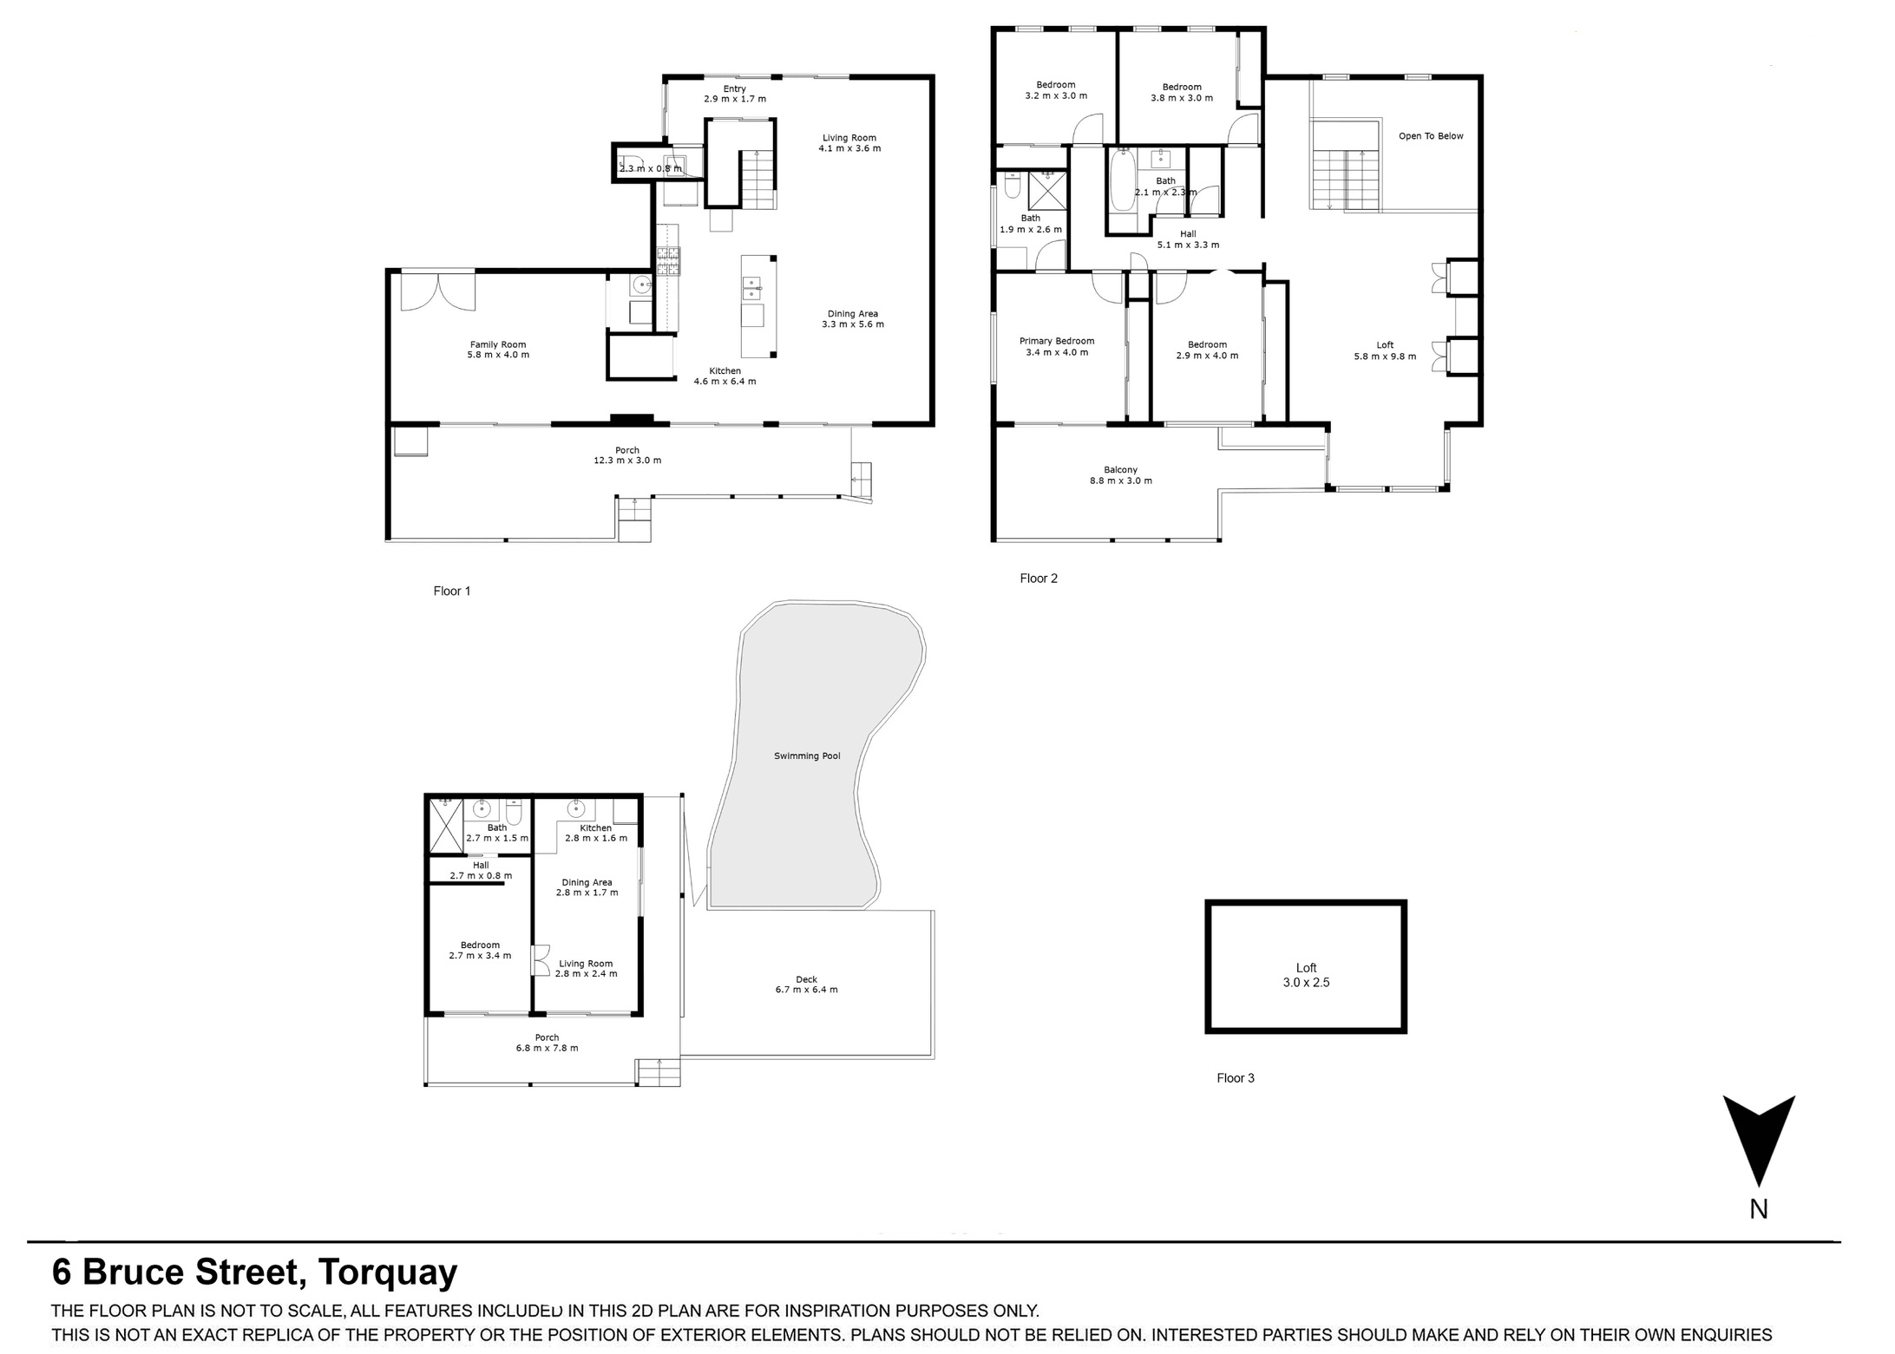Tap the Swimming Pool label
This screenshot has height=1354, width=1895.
[807, 756]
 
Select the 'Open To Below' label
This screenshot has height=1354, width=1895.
[1431, 136]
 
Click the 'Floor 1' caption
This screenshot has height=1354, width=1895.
[452, 592]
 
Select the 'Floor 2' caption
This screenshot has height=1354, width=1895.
[1039, 579]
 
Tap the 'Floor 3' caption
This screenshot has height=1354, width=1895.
[1236, 1078]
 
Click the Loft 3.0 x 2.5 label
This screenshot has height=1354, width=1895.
[1306, 976]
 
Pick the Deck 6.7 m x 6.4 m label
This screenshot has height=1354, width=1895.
[806, 984]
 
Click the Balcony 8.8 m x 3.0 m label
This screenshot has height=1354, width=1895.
[1121, 475]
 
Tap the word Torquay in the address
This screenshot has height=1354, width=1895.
[388, 1272]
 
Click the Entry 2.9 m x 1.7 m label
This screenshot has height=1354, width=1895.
[735, 94]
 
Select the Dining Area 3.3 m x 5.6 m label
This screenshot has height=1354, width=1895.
[853, 319]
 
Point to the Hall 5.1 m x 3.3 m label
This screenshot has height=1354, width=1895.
[1188, 239]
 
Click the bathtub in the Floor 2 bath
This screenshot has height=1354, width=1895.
[1121, 180]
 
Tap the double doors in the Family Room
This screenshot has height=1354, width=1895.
[438, 292]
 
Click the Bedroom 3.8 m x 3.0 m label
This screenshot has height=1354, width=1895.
[1182, 93]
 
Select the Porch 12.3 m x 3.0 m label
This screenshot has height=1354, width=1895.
[627, 455]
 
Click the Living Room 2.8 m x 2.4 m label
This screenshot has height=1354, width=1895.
[586, 968]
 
